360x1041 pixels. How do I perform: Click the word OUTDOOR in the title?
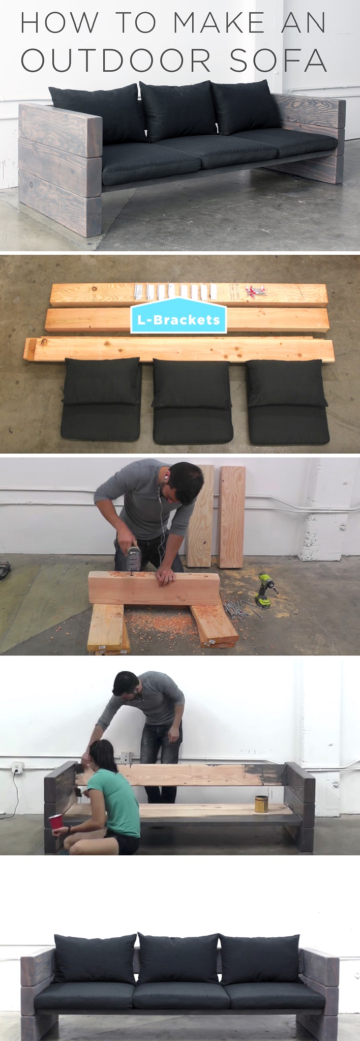point(116,61)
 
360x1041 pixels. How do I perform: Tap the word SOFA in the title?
point(279,61)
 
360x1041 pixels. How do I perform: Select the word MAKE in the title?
point(219,23)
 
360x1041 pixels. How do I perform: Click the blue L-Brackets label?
point(178,319)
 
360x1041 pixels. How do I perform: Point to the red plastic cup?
point(54,822)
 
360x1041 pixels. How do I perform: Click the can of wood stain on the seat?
point(261,804)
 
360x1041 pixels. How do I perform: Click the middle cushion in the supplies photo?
point(192,400)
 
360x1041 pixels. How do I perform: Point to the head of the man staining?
point(125,685)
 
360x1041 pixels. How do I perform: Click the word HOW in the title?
point(59,23)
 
